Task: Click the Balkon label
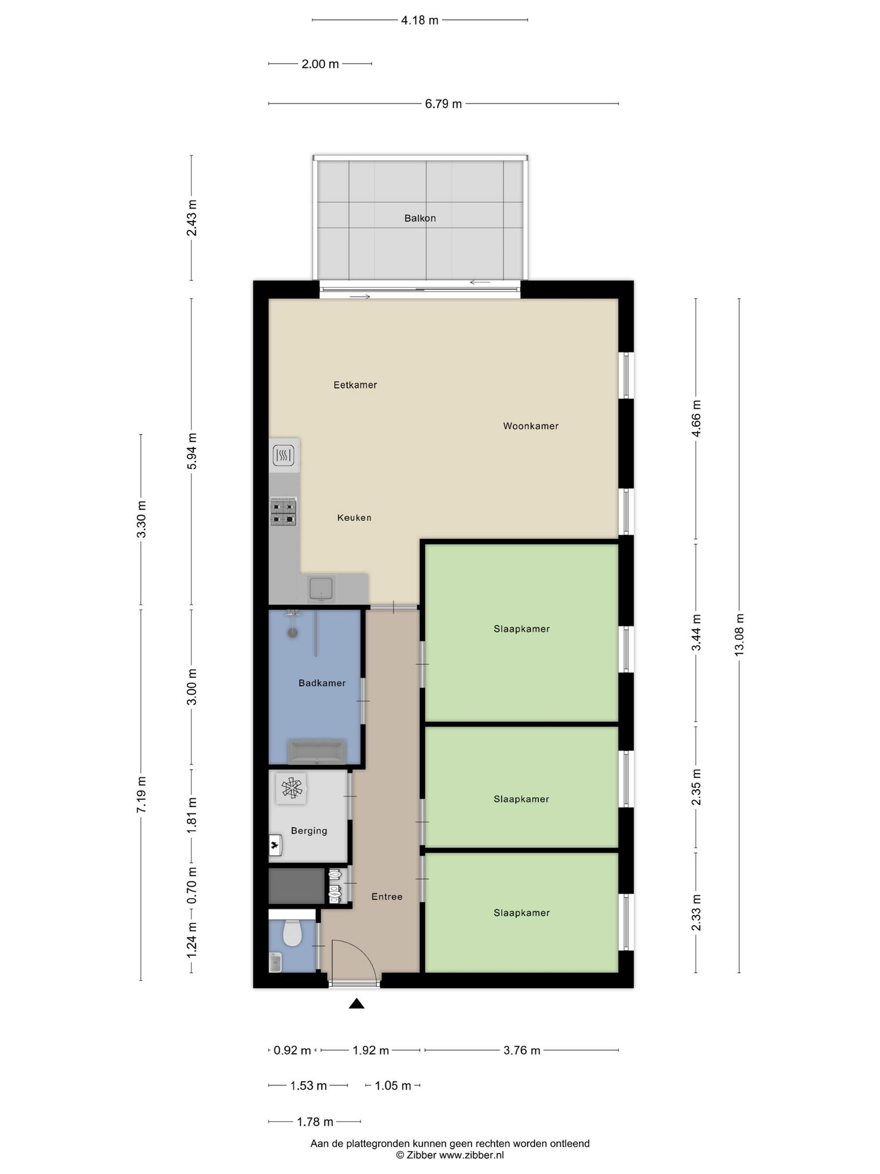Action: coord(420,218)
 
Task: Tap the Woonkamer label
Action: coord(531,426)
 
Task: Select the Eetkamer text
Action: coord(355,385)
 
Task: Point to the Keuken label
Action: coord(354,518)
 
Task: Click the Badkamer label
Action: coord(322,683)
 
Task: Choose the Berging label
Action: coord(309,831)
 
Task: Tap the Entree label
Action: coord(387,897)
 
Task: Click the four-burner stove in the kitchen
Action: coord(284,512)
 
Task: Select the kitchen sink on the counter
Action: coord(321,589)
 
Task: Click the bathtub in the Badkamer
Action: coord(317,752)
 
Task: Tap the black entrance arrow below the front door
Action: coord(357,1003)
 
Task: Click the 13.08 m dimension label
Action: coord(739,635)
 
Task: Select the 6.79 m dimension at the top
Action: coord(443,104)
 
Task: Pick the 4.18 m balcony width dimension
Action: coord(420,20)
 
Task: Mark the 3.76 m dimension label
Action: coord(522,1050)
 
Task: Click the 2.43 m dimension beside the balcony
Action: coord(191,218)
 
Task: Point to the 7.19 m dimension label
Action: coord(141,794)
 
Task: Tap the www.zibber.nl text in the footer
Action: coord(472,1155)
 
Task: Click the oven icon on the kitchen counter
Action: coord(284,456)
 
